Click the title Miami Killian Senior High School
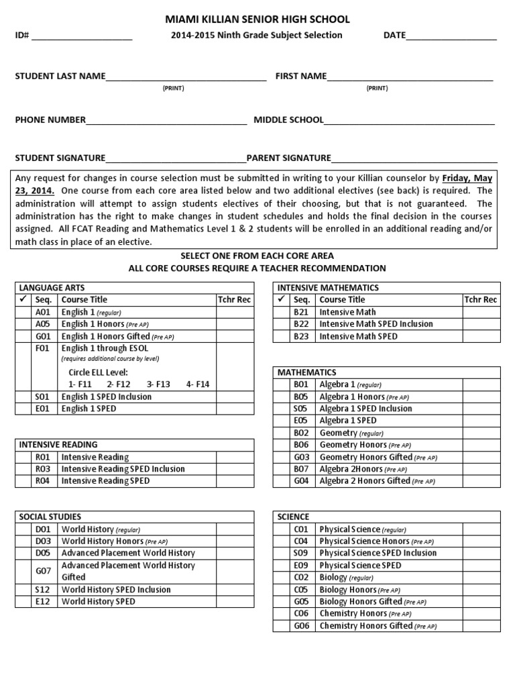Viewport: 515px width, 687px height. [x=257, y=20]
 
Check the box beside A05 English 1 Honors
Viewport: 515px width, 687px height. [x=23, y=324]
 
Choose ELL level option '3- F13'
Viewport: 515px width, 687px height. [x=158, y=384]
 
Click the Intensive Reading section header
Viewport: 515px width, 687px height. [x=58, y=444]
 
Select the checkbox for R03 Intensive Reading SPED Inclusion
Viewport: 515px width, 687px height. [x=23, y=469]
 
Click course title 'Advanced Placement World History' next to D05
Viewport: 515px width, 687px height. [x=128, y=553]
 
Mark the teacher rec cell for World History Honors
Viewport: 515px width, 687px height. [x=235, y=541]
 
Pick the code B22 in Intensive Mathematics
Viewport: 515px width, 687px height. [x=300, y=324]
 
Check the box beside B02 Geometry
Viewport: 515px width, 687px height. [x=282, y=433]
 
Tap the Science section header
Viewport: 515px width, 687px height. [x=293, y=517]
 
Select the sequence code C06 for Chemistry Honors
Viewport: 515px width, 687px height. [x=300, y=613]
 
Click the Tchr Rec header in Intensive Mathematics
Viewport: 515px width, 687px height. [x=481, y=300]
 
